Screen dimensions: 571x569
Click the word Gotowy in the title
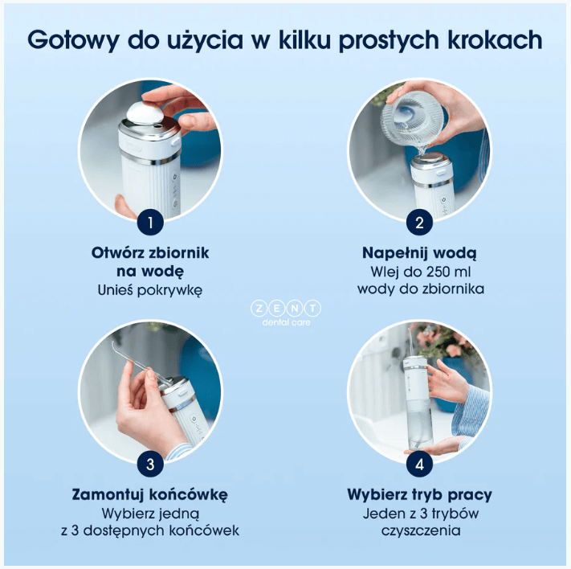[73, 39]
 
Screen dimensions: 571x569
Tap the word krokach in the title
[496, 39]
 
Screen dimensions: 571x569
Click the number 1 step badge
[150, 223]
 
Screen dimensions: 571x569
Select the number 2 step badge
[419, 223]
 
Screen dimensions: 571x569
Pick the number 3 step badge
[150, 464]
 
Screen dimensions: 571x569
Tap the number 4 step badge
[419, 464]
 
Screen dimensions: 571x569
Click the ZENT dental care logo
[286, 313]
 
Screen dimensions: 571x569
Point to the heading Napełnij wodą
[419, 253]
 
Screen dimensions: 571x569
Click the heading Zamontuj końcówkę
[150, 494]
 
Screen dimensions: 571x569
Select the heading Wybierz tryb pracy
[419, 494]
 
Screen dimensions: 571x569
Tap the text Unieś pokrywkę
[150, 290]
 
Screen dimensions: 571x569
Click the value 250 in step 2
[426, 272]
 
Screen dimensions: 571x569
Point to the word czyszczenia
[421, 530]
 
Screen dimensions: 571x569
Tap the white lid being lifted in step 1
[145, 113]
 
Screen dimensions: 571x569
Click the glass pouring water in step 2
[413, 117]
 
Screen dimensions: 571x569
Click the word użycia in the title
[205, 40]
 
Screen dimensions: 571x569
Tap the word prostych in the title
[389, 40]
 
